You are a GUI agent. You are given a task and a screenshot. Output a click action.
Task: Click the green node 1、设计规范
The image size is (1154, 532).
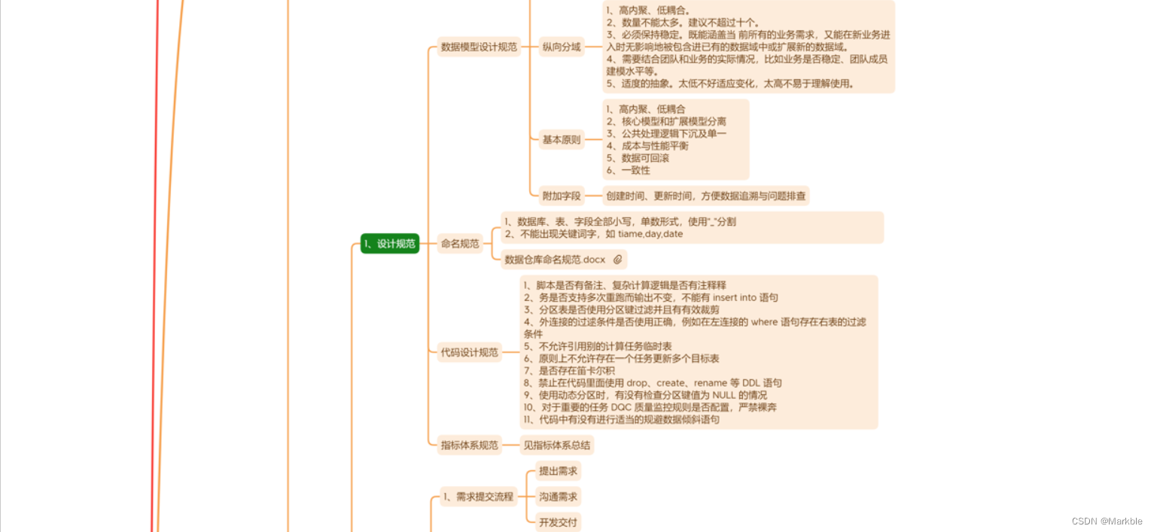click(x=389, y=244)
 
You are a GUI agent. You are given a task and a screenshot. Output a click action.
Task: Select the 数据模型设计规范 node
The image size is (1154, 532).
click(x=479, y=47)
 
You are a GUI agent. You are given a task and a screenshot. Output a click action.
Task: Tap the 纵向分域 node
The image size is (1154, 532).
click(x=562, y=47)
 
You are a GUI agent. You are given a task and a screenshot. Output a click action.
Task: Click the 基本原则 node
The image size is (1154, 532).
click(x=562, y=139)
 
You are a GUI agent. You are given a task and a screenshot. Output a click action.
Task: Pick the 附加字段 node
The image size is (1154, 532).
click(x=562, y=196)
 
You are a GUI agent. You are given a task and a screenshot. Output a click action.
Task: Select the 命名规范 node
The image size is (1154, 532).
click(x=459, y=244)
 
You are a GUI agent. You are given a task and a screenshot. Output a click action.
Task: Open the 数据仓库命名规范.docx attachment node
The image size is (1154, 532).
click(x=555, y=260)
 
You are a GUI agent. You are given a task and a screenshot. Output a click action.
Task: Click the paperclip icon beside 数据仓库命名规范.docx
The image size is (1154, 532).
click(x=617, y=260)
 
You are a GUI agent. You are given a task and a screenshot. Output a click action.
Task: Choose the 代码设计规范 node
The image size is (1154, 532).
click(x=470, y=352)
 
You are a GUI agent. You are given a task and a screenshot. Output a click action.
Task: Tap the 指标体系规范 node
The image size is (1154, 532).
click(x=470, y=445)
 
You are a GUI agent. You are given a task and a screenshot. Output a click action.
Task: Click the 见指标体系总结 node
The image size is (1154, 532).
click(x=557, y=445)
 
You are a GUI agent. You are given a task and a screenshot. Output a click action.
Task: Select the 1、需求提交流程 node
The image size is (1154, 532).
click(x=478, y=496)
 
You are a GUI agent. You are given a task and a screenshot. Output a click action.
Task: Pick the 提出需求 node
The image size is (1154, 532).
click(x=558, y=471)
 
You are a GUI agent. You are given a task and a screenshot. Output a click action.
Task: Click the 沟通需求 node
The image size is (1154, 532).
click(x=558, y=497)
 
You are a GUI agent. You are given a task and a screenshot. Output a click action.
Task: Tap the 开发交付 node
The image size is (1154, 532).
click(x=558, y=522)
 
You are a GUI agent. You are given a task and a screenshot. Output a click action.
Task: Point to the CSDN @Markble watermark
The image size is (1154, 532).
click(x=1107, y=521)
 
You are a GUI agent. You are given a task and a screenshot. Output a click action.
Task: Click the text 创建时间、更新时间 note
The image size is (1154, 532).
click(x=705, y=196)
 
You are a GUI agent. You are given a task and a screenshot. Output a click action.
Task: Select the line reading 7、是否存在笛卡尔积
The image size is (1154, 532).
click(x=569, y=370)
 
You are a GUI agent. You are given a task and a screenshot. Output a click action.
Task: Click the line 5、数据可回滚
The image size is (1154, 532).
click(x=638, y=158)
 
